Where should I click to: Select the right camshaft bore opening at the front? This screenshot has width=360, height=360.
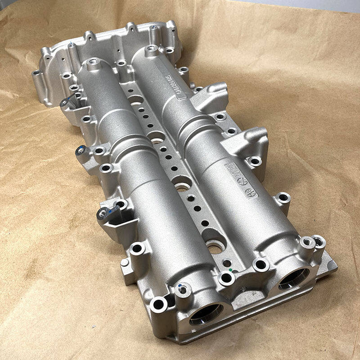[x=294, y=279]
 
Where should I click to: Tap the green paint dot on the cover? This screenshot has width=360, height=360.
[x=231, y=270]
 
